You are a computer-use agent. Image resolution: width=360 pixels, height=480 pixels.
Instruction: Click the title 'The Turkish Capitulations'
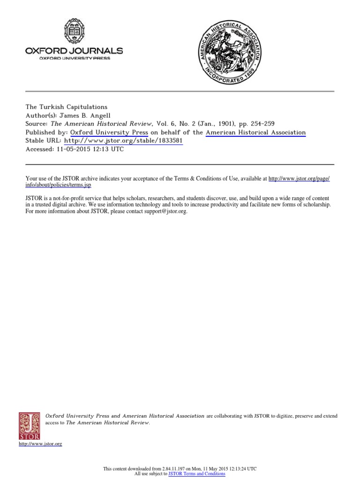click(x=66, y=107)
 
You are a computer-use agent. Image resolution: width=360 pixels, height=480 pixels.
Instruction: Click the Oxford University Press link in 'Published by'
click(x=109, y=133)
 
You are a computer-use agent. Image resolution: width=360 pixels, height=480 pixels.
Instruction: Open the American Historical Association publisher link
click(x=255, y=133)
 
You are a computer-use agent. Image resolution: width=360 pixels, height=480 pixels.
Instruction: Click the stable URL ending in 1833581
click(x=123, y=141)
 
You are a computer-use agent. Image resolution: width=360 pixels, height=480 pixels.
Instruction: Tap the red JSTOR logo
click(x=29, y=426)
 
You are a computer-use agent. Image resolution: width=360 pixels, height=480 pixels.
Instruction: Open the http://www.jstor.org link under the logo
click(x=40, y=444)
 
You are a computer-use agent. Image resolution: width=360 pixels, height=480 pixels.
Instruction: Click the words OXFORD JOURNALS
click(x=74, y=51)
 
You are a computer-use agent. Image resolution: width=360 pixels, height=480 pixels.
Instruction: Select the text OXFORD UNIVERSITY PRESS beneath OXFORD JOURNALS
click(x=74, y=59)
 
